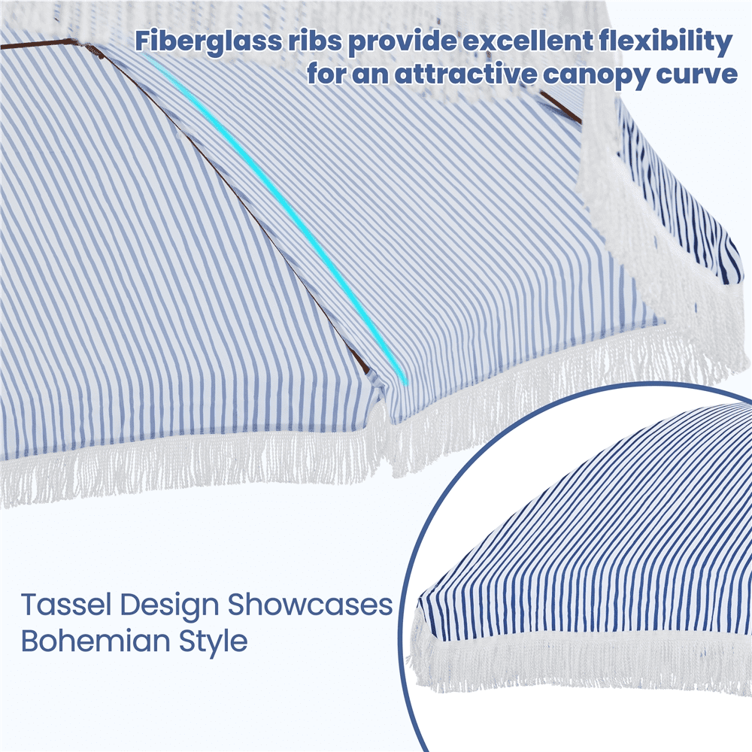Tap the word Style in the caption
[213, 642]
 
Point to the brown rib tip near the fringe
[362, 362]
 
